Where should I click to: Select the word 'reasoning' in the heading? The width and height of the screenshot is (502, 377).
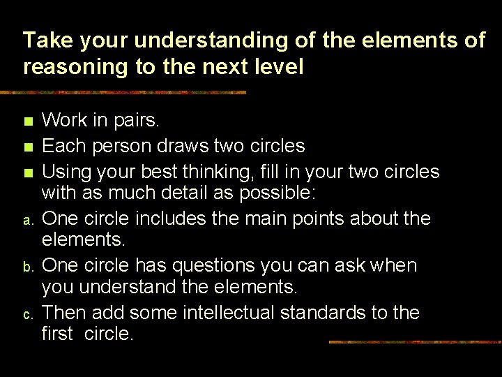[x=77, y=68]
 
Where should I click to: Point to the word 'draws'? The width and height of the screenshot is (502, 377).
[x=168, y=146]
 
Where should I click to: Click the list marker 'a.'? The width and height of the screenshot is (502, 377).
[x=27, y=221]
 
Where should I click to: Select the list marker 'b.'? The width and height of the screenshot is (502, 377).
[x=27, y=268]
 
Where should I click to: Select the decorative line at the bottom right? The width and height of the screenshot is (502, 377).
[x=414, y=342]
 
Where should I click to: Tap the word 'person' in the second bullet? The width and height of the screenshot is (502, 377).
[x=112, y=146]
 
